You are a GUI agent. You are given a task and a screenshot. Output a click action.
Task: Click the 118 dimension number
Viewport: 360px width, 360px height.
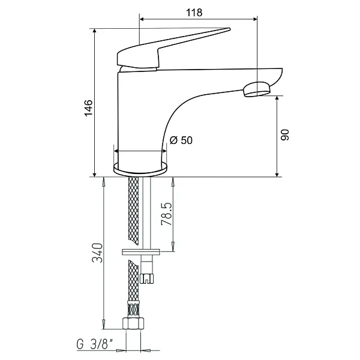pos(194,13)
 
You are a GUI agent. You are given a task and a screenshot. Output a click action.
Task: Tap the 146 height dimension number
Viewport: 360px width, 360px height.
pos(89,108)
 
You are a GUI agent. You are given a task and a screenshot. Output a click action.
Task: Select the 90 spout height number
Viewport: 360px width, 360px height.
pos(285,135)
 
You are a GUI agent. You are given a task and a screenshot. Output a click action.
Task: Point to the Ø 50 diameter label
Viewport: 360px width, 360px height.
pos(181,140)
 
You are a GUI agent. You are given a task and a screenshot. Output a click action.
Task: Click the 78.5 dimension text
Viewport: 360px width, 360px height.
pos(166,214)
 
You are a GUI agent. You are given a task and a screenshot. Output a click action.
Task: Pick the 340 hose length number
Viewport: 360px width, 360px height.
pos(97,253)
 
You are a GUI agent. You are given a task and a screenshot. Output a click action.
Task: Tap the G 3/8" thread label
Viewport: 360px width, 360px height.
pos(95,344)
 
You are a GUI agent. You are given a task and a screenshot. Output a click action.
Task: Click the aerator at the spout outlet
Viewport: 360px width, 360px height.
pos(257,89)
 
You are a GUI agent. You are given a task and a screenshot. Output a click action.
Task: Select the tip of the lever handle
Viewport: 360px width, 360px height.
pos(229,29)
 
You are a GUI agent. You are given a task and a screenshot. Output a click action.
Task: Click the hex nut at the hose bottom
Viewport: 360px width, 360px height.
pos(133,323)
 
